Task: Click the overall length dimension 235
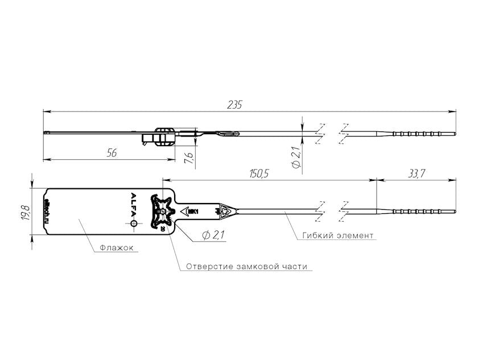tap(234, 105)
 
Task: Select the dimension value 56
tap(112, 152)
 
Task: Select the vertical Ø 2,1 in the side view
tap(295, 157)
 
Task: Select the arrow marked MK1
tap(188, 212)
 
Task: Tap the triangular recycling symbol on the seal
tap(225, 210)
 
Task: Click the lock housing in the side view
tap(162, 136)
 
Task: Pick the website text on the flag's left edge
tap(47, 211)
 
